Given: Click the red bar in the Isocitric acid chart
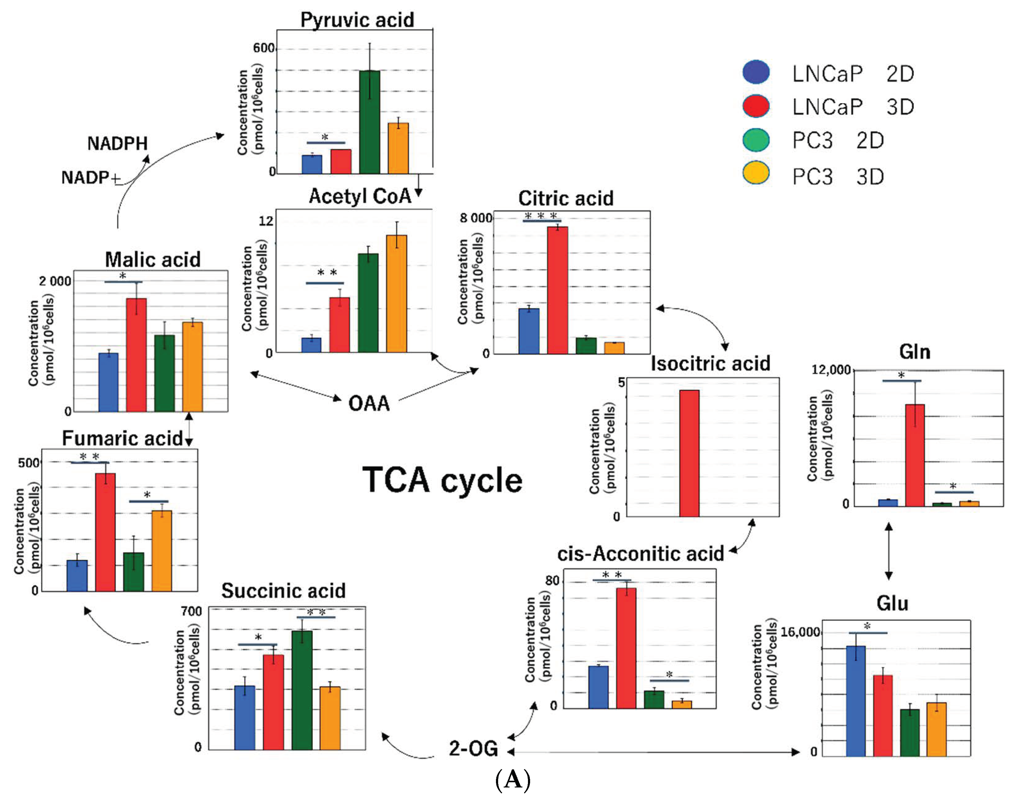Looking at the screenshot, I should (689, 453).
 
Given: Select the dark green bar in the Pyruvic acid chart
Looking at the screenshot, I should (370, 122).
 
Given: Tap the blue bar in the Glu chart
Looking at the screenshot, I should (856, 701).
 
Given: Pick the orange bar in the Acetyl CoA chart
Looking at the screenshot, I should (396, 294).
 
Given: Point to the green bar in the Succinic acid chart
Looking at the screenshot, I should (302, 690).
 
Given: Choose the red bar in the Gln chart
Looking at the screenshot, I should (915, 455).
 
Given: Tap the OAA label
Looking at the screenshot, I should (369, 403).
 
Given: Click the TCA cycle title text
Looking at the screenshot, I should (442, 480).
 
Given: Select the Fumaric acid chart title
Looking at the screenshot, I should (122, 438).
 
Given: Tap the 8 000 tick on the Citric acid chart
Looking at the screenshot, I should (476, 218).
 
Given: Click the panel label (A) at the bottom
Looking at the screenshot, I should (513, 780).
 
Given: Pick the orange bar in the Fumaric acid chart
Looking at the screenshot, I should (161, 550).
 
